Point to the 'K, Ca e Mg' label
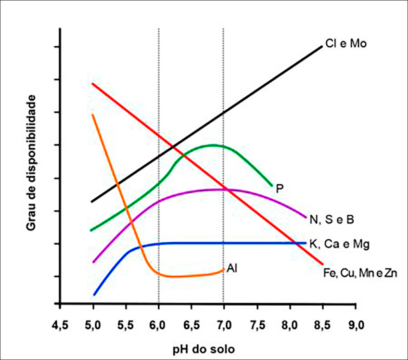(x=339, y=244)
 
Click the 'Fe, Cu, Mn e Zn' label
(x=360, y=273)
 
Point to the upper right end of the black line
(x=322, y=47)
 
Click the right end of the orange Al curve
(x=224, y=270)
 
